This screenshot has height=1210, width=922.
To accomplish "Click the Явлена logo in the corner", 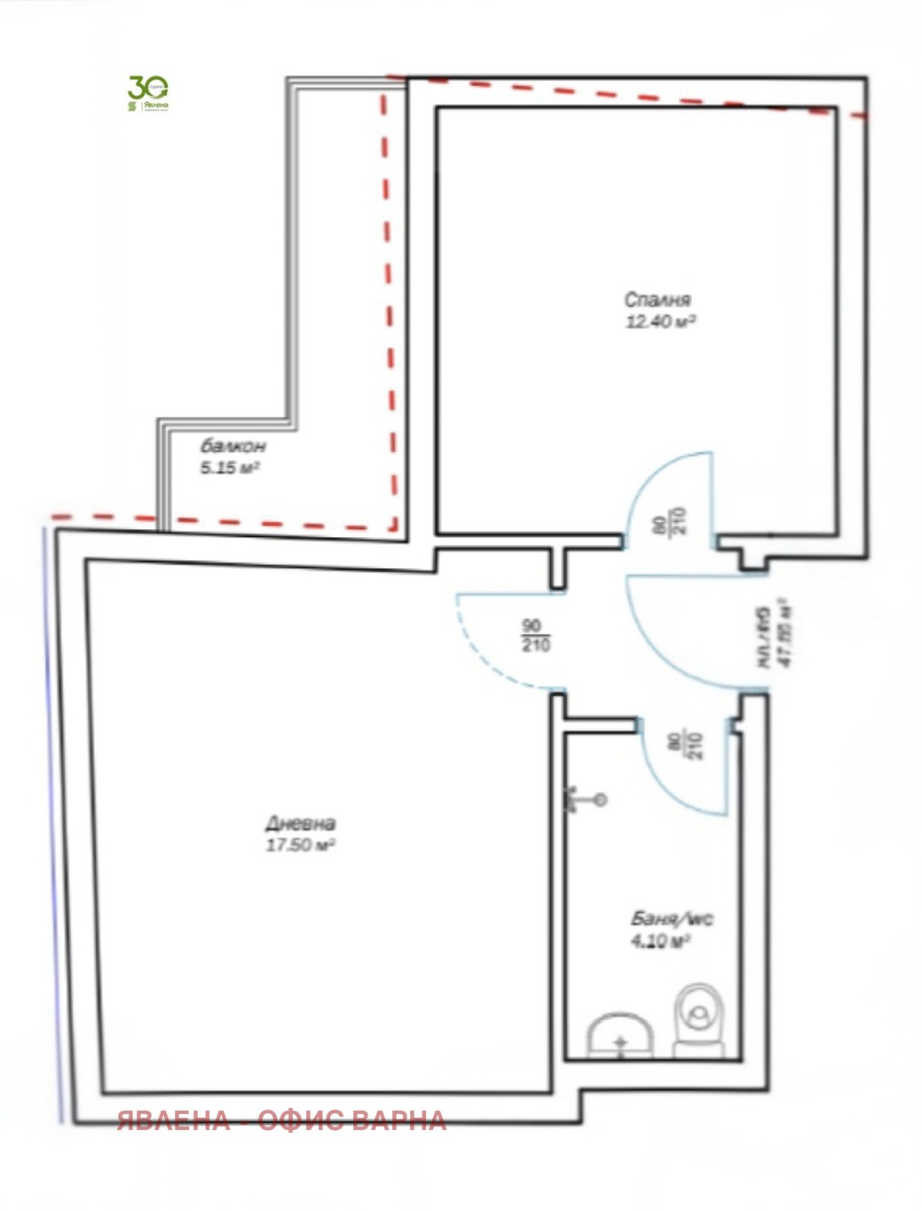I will (x=148, y=93).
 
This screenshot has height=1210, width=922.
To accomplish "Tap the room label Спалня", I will (x=657, y=300).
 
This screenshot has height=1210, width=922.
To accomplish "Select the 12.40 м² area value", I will (x=660, y=321).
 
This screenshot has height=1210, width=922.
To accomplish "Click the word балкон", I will (x=232, y=446).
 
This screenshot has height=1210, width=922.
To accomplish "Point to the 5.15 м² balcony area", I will (x=229, y=468).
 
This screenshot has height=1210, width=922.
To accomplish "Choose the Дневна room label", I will (x=301, y=823).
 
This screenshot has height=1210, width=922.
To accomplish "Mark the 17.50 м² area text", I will (x=300, y=845).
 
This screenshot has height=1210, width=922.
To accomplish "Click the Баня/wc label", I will (x=672, y=919).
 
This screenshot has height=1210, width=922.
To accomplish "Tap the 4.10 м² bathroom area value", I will (x=660, y=941).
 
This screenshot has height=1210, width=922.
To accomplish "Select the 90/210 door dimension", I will (x=536, y=636).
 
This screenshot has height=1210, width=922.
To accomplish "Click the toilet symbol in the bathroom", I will (x=700, y=1020).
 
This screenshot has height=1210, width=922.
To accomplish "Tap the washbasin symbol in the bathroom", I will (x=620, y=1036).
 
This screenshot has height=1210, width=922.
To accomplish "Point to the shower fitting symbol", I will (x=586, y=800).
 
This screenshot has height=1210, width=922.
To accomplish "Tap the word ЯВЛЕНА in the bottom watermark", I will (x=174, y=1120).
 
